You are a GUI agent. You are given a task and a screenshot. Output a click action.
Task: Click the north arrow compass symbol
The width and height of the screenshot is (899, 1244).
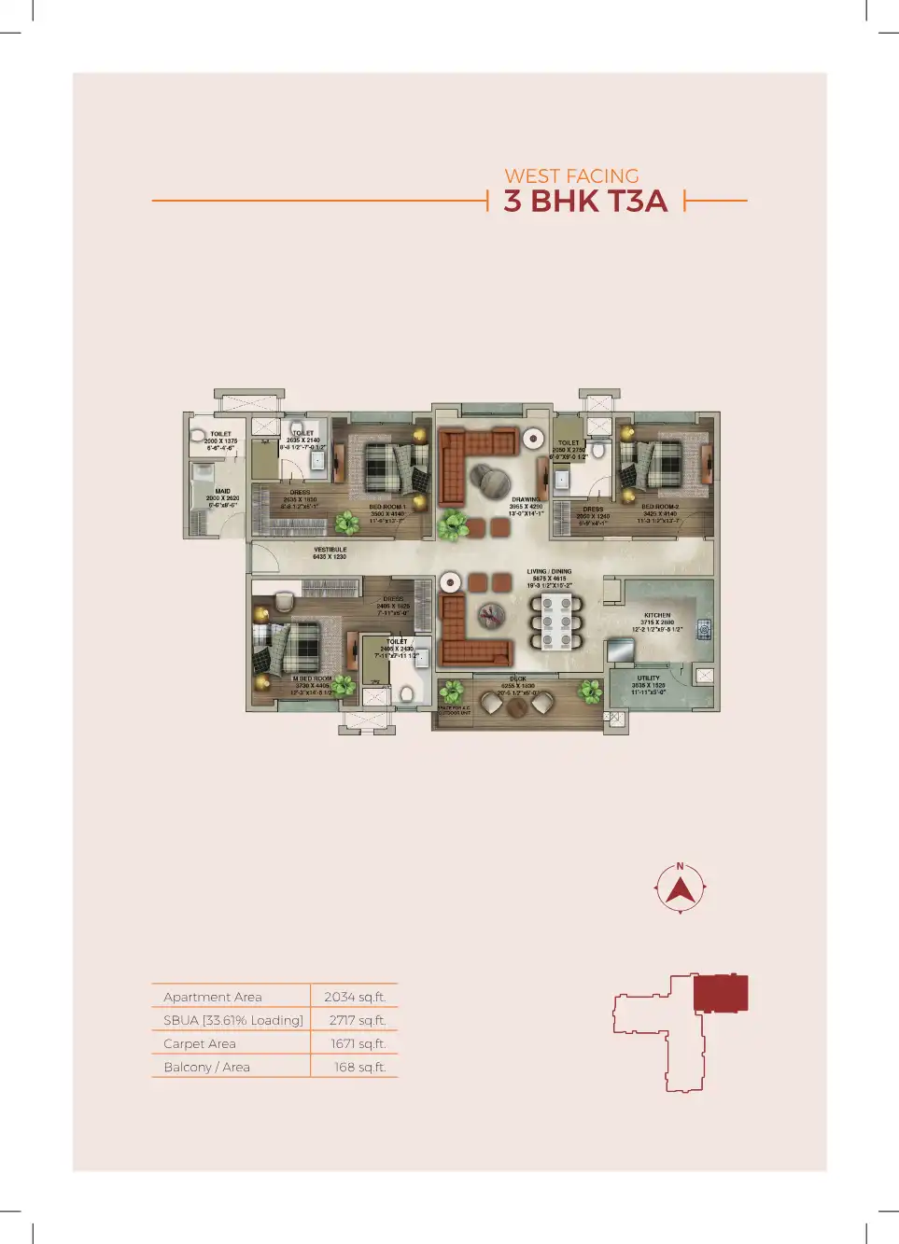point(681,888)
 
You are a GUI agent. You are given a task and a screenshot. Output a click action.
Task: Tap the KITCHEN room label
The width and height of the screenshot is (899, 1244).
point(657,616)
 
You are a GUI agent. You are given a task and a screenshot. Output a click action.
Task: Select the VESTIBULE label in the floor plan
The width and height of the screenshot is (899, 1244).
point(330,551)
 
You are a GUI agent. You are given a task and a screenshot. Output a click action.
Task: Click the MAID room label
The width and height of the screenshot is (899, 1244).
point(222,492)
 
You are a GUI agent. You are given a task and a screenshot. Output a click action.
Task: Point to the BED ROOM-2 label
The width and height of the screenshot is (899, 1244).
point(660,507)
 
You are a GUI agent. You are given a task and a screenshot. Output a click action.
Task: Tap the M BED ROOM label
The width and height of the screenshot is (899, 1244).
point(312,679)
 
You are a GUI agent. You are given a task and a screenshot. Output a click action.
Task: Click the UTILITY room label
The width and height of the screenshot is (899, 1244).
point(649,678)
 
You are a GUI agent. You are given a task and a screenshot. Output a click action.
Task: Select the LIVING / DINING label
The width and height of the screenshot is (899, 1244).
point(549,572)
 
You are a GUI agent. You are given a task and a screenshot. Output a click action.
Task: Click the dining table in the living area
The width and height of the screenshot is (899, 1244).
point(556,621)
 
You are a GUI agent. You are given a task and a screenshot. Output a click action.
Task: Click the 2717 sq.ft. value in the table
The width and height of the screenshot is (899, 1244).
point(357,1020)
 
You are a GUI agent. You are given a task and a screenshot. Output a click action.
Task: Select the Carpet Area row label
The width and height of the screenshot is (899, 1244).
point(200,1043)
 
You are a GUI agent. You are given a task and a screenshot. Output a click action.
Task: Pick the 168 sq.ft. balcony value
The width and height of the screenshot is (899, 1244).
point(359,1067)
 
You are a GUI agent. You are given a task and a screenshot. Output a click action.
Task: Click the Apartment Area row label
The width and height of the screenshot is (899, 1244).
point(213,997)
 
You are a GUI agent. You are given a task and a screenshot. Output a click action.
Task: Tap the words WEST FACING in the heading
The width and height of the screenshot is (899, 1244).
point(571,175)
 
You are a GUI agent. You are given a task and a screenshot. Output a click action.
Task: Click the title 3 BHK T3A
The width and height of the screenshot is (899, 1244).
point(585,201)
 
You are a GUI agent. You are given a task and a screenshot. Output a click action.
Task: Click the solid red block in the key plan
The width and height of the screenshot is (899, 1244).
point(720,993)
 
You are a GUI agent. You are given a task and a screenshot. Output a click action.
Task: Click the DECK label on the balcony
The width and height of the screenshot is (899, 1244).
point(518,679)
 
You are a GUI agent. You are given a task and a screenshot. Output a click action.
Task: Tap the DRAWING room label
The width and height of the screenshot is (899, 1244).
point(526,500)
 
